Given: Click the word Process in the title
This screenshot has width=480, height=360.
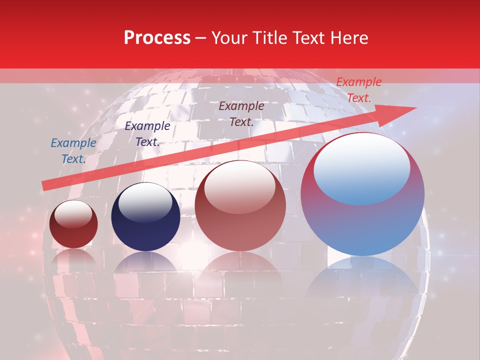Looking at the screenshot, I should point(157,38).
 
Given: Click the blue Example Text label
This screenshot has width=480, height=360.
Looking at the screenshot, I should point(73,151).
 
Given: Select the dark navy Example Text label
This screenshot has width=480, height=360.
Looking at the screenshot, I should point(147,134).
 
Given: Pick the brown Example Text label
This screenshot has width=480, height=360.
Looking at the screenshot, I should point(241,114).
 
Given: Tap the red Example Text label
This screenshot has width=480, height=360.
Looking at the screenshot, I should point(358,90).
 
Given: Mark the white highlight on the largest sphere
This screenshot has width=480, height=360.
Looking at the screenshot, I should point(361,167).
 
